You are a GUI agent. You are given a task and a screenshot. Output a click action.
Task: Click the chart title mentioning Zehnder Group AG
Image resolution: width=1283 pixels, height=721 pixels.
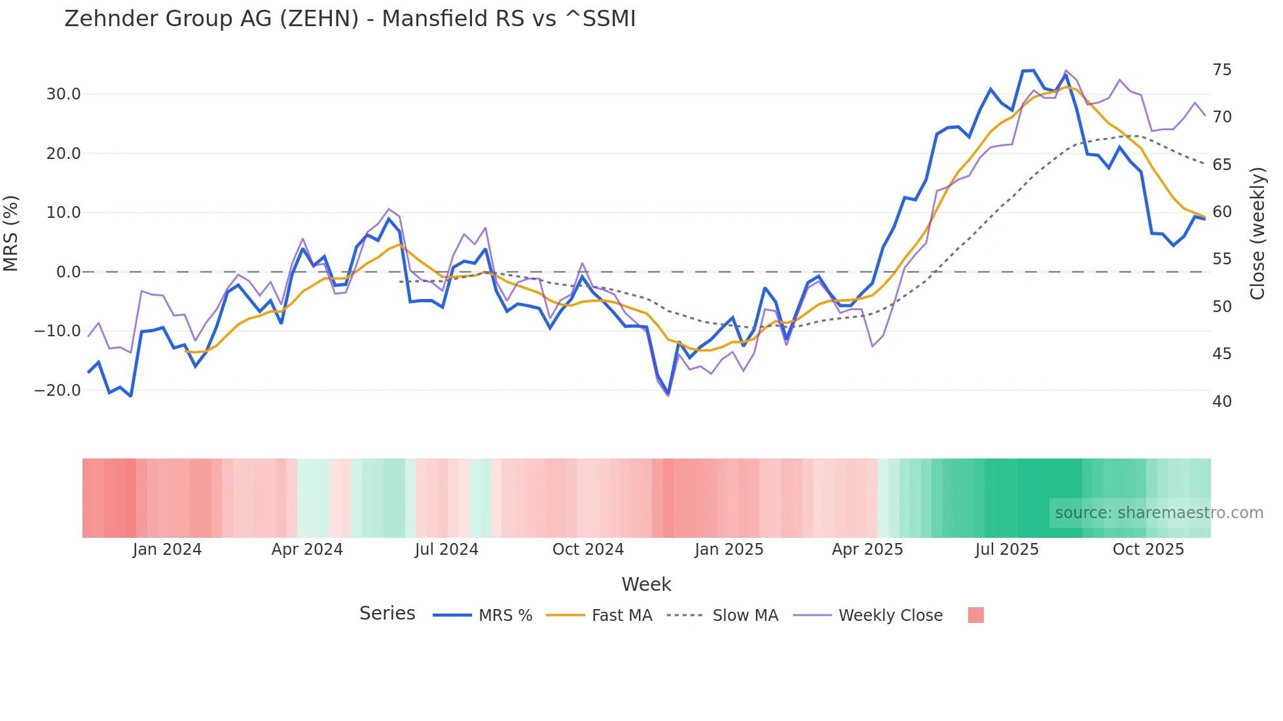click(350, 19)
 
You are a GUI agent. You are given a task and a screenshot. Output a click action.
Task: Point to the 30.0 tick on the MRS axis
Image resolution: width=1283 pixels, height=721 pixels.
click(63, 94)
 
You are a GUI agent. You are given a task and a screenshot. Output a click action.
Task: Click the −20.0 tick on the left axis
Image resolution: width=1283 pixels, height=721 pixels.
click(58, 391)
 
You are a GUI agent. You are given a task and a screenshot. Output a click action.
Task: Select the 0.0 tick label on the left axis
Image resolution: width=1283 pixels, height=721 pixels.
click(68, 272)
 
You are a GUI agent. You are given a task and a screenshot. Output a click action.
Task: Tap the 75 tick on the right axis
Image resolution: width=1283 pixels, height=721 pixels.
click(1221, 70)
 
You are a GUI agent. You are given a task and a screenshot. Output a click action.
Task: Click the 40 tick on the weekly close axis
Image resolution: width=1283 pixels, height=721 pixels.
click(1221, 402)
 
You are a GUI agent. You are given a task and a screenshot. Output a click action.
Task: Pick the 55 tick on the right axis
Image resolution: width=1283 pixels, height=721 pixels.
click(1221, 259)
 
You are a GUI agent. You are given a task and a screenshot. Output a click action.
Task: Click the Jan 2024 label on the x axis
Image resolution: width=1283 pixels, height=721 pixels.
click(167, 550)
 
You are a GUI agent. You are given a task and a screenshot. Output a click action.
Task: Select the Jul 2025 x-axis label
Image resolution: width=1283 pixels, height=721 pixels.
click(1007, 550)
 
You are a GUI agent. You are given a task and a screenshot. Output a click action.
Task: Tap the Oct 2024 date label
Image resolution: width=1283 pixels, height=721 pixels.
click(588, 550)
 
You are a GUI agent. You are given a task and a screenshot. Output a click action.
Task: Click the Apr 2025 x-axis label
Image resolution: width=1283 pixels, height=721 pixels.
click(867, 550)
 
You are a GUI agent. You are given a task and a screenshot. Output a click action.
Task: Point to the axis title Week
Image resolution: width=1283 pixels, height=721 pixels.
click(646, 584)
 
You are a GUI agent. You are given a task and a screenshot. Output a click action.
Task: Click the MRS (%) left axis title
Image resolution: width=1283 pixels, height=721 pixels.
click(11, 234)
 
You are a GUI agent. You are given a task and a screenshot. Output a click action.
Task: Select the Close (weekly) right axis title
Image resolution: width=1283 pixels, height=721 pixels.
click(1257, 234)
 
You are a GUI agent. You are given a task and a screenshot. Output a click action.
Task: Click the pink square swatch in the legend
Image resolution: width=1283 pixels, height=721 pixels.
click(975, 615)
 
